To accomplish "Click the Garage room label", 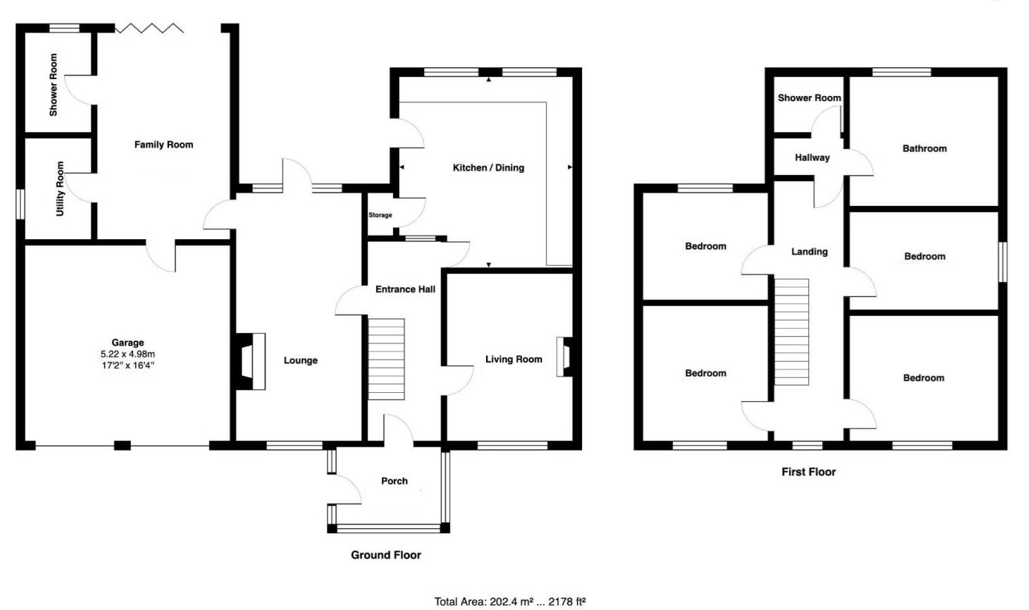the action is pyautogui.click(x=128, y=343).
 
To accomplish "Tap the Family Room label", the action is pyautogui.click(x=163, y=145).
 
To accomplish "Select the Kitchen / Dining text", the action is pyautogui.click(x=488, y=168).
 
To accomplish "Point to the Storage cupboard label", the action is pyautogui.click(x=380, y=215).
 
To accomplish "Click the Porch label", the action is pyautogui.click(x=394, y=481).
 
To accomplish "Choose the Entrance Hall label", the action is pyautogui.click(x=405, y=289).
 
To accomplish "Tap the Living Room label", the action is pyautogui.click(x=513, y=359).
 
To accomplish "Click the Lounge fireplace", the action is pyautogui.click(x=251, y=362).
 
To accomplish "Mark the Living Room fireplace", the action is pyautogui.click(x=565, y=357).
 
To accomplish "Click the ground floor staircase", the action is pyautogui.click(x=386, y=359).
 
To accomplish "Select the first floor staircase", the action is pyautogui.click(x=791, y=332).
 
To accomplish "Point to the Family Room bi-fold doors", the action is pyautogui.click(x=149, y=29).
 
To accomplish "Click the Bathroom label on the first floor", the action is pyautogui.click(x=924, y=148).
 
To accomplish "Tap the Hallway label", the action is pyautogui.click(x=812, y=157).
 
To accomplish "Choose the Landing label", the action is pyautogui.click(x=810, y=252).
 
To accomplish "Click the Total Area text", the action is pyautogui.click(x=510, y=601).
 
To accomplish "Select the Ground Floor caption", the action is pyautogui.click(x=386, y=555).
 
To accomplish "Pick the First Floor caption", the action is pyautogui.click(x=808, y=472).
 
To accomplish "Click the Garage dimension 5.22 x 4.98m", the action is pyautogui.click(x=128, y=354).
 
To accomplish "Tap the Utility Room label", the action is pyautogui.click(x=60, y=189).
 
